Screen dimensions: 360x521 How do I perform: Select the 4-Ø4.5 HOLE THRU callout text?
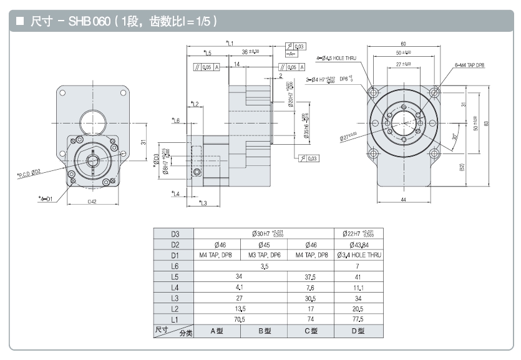(x=337, y=58)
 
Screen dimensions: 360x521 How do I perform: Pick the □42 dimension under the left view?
(x=92, y=202)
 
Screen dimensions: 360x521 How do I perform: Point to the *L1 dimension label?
(x=230, y=43)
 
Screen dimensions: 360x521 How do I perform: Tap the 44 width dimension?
(x=403, y=199)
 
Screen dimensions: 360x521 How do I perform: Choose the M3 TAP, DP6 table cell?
(x=264, y=255)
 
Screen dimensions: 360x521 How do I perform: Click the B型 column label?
(x=264, y=331)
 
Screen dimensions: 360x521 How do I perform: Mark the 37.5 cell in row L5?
(x=311, y=276)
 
